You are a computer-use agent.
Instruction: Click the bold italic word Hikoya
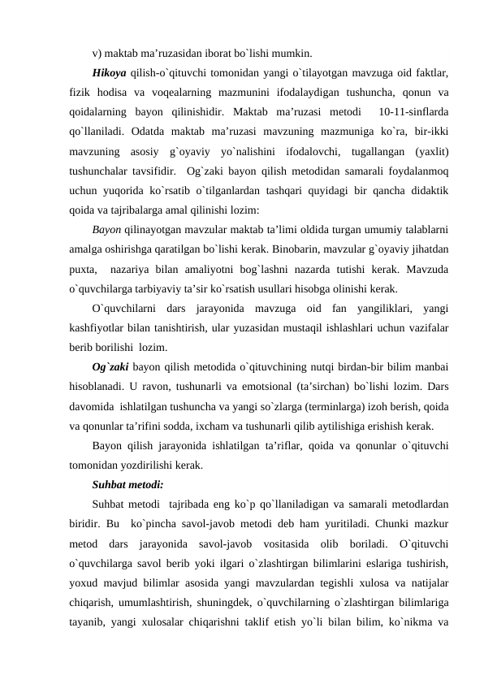110,73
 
